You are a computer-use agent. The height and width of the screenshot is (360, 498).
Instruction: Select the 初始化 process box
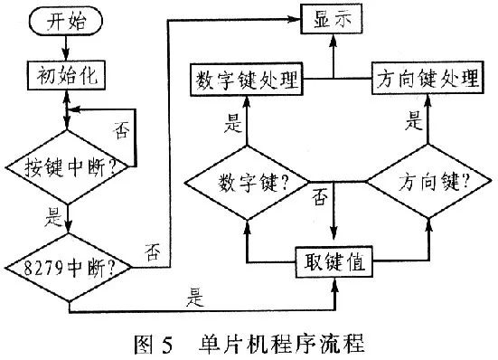pyautogui.click(x=68, y=74)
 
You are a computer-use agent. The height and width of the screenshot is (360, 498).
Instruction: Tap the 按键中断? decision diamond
pyautogui.click(x=68, y=166)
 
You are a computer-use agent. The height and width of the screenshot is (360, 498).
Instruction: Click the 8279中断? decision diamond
pyautogui.click(x=68, y=267)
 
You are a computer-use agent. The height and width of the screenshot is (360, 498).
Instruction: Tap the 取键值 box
pyautogui.click(x=335, y=265)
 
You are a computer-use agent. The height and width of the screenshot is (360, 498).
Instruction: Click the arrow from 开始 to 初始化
pyautogui.click(x=68, y=49)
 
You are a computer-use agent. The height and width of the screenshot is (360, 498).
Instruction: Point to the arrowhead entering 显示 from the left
pyautogui.click(x=298, y=18)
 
